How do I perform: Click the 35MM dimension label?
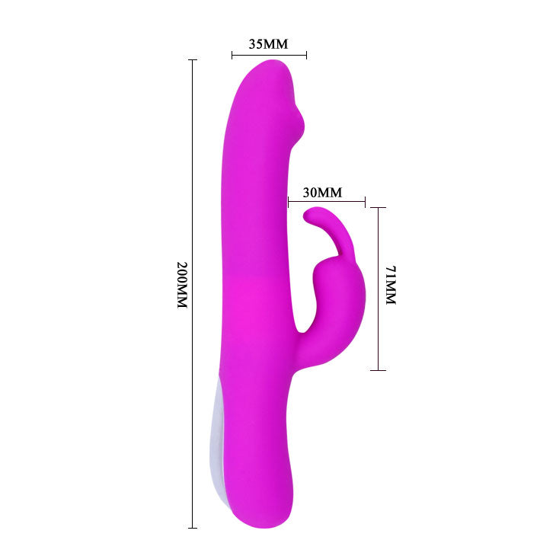(269, 43)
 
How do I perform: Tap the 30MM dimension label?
(322, 192)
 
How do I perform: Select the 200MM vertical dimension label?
(181, 285)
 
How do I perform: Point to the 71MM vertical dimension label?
(391, 286)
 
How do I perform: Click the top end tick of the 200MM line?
(193, 60)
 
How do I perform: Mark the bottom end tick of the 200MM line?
(193, 528)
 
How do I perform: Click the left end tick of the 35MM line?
(232, 54)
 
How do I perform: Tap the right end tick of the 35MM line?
(306, 54)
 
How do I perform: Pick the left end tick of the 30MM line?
(289, 203)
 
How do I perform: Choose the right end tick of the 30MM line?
(366, 203)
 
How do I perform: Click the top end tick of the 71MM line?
(379, 207)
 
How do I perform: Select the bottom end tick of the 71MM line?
(379, 370)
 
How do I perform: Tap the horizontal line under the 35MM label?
(269, 54)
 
